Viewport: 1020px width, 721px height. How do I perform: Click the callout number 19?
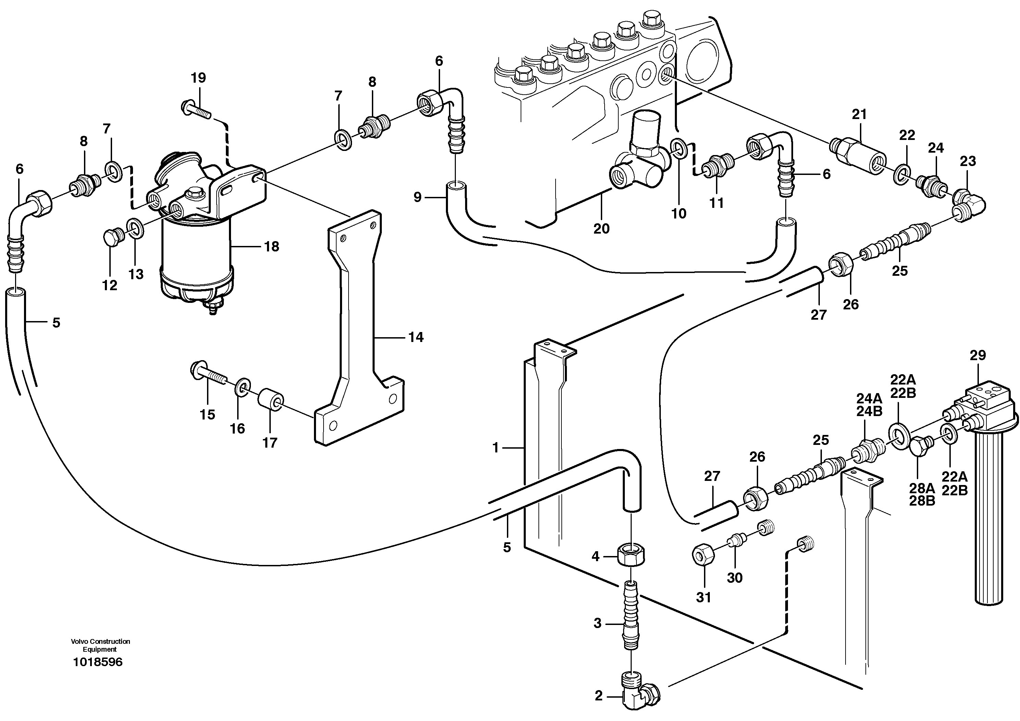[x=198, y=78]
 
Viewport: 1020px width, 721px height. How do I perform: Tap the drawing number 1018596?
[x=98, y=662]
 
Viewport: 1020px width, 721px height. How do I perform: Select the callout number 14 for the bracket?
[x=416, y=338]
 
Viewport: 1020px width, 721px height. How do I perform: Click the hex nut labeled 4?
[x=631, y=556]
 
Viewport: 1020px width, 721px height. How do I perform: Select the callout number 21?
[x=859, y=114]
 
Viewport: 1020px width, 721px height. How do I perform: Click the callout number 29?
[x=978, y=355]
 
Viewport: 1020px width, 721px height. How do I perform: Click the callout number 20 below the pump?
[x=602, y=228]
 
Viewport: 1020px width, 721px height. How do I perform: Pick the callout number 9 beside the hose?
[x=417, y=197]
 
